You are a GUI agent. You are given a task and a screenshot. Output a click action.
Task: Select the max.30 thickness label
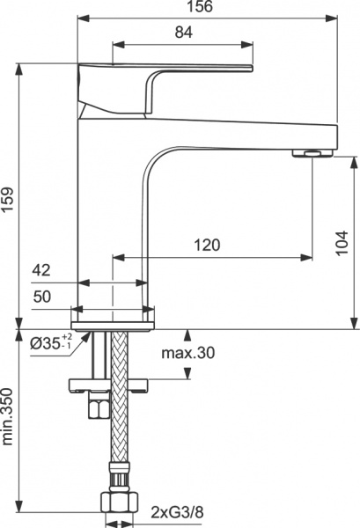click(x=187, y=354)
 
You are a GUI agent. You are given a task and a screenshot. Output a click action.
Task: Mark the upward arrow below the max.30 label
click(x=187, y=377)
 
